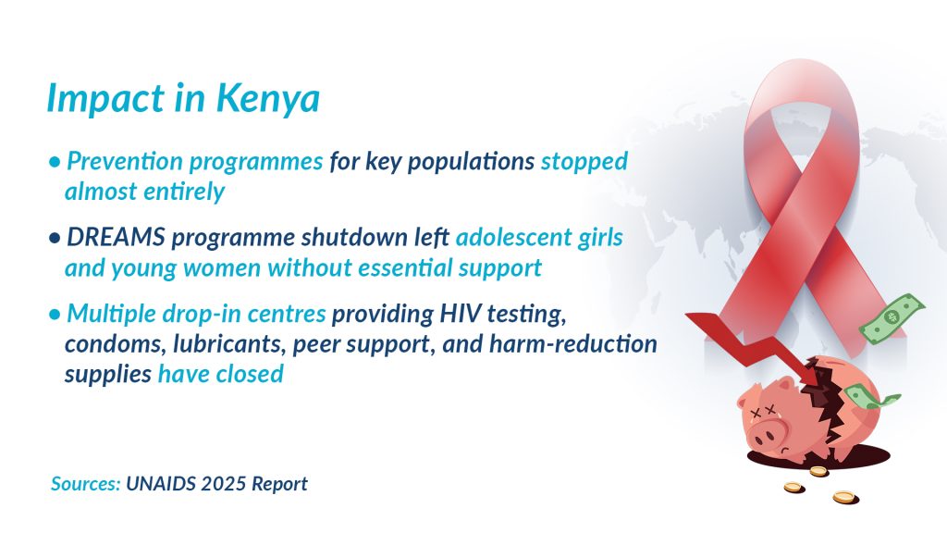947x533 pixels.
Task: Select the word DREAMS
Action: pos(116,237)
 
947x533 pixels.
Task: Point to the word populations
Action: pos(471,162)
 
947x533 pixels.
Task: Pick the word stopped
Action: pos(584,162)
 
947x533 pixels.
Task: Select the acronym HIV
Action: pos(461,313)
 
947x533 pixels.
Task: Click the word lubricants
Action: pos(229,344)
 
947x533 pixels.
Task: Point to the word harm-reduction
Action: pos(572,344)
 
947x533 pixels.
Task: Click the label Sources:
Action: pos(86,483)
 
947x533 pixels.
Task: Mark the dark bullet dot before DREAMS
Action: pos(55,238)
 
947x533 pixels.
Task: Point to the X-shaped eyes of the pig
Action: pos(762,412)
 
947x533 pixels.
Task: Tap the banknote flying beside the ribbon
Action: pos(892,318)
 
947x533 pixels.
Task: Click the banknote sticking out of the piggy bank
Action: pos(870,396)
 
